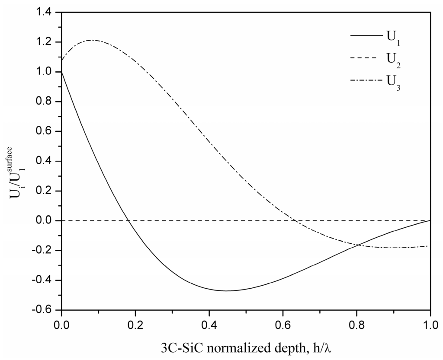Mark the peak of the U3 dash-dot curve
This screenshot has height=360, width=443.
tap(91, 40)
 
